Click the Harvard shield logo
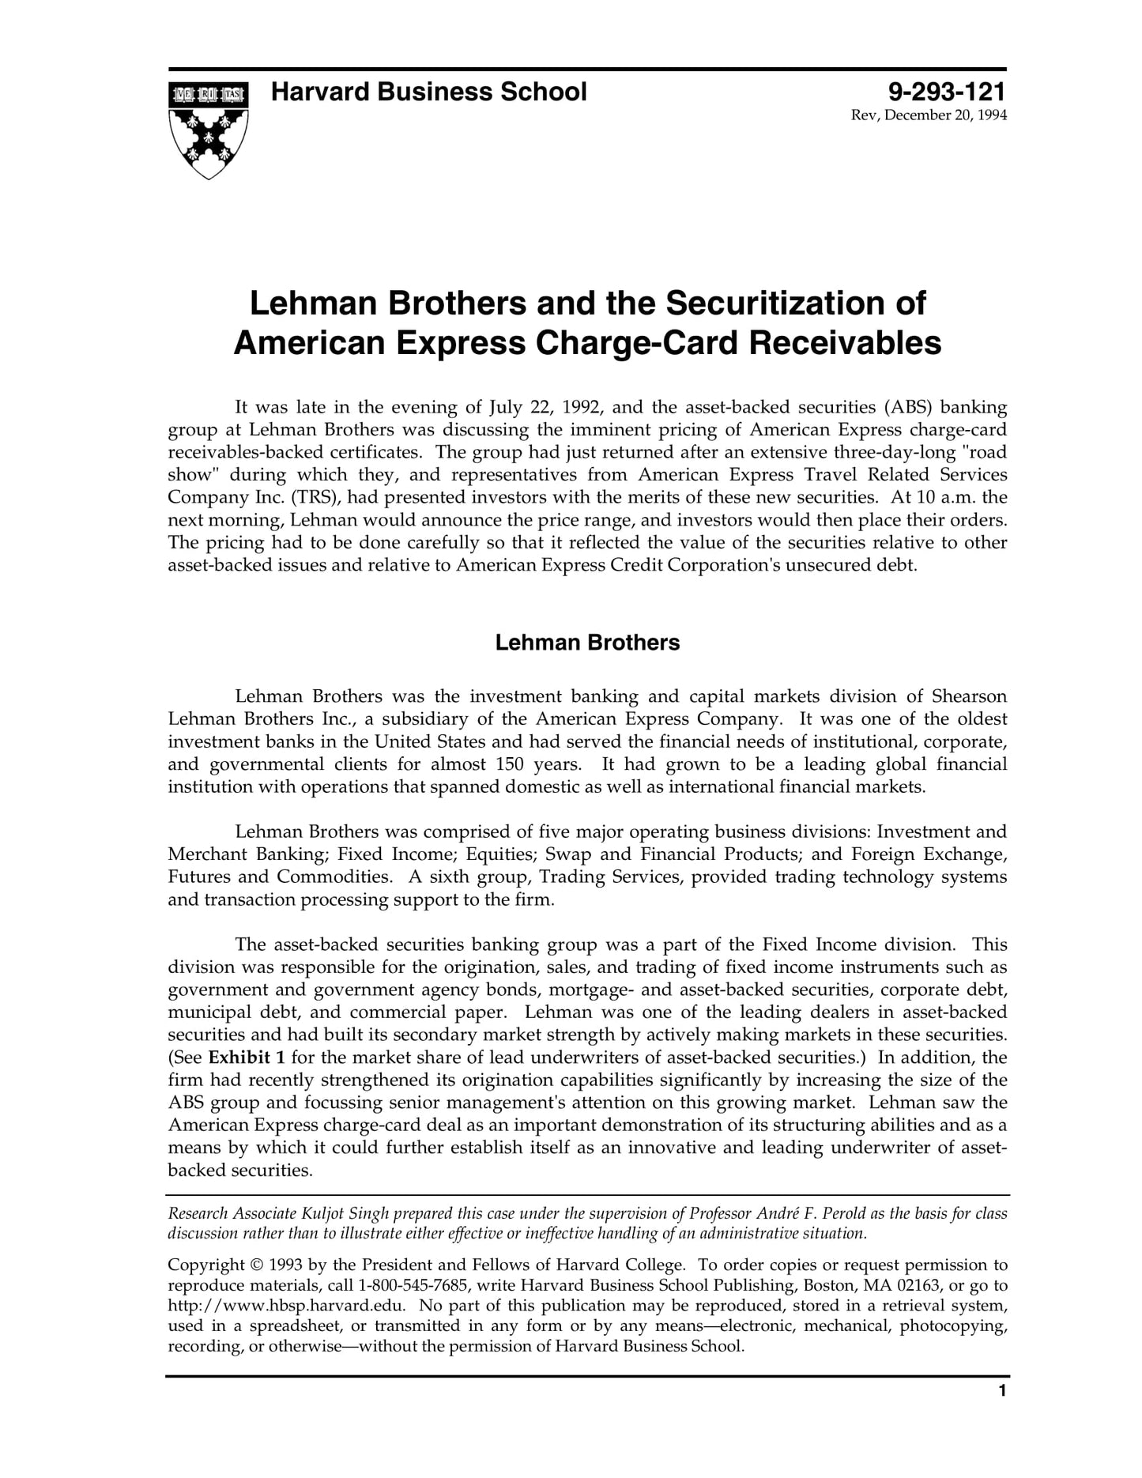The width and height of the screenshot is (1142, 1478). (208, 129)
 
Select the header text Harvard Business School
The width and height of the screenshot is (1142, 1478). (428, 92)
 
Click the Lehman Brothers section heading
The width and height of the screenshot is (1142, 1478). (587, 643)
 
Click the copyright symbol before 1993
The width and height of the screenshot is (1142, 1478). (257, 1265)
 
